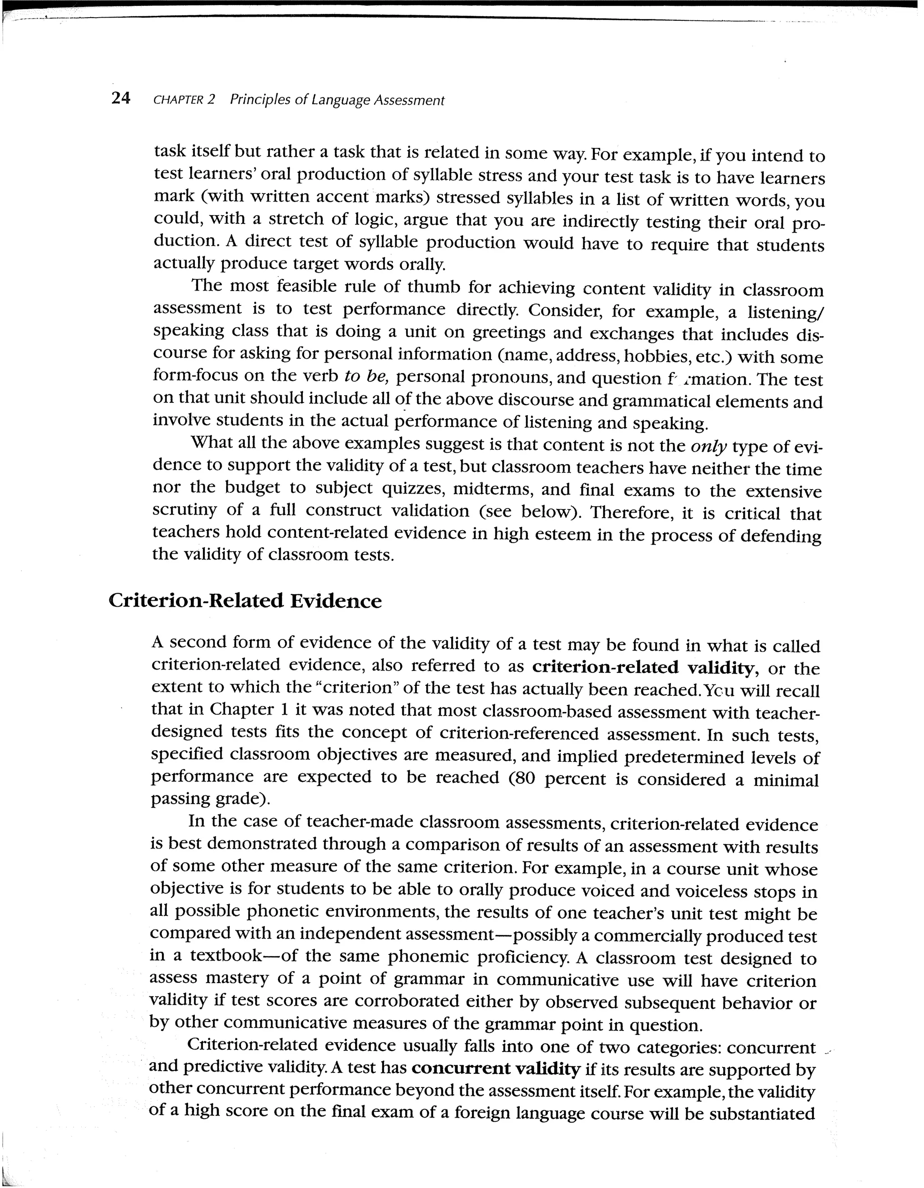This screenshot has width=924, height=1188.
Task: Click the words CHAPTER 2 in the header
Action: pyautogui.click(x=185, y=100)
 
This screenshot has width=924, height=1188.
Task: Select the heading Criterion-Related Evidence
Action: pyautogui.click(x=245, y=601)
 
